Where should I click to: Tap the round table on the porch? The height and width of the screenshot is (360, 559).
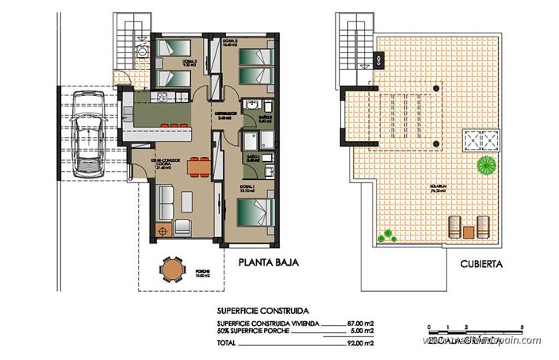pyautogui.click(x=172, y=270)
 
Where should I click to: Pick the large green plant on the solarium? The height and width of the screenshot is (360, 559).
pyautogui.click(x=484, y=166)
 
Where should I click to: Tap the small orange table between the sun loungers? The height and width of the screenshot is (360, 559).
pyautogui.click(x=469, y=232)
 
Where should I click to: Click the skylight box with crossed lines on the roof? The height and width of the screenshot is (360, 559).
pyautogui.click(x=482, y=140)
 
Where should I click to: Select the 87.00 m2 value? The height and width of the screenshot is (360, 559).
pyautogui.click(x=361, y=324)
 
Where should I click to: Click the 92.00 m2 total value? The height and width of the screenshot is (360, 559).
pyautogui.click(x=361, y=342)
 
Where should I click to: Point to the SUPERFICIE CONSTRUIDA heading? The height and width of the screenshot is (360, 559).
pyautogui.click(x=258, y=312)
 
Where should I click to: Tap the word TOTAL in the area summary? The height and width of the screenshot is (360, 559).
pyautogui.click(x=226, y=342)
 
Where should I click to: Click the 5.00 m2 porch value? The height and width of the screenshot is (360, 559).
pyautogui.click(x=361, y=331)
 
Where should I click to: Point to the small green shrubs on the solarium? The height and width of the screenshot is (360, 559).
pyautogui.click(x=388, y=236)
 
